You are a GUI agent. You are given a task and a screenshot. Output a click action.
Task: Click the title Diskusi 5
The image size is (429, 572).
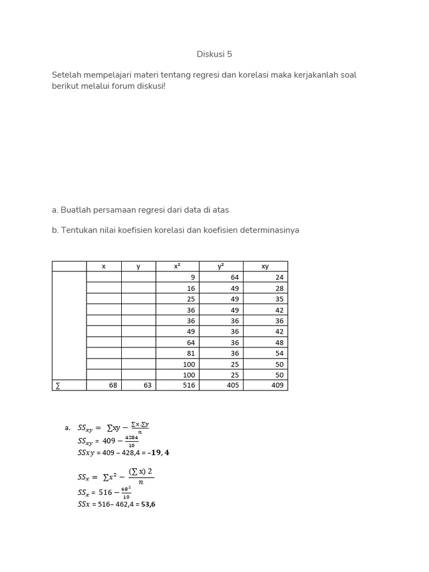tap(214, 54)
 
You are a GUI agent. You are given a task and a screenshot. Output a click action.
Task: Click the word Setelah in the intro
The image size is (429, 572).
tap(66, 75)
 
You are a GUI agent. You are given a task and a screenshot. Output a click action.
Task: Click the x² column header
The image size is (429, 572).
tap(177, 266)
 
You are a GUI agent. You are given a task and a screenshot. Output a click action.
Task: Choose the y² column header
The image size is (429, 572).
tap(221, 266)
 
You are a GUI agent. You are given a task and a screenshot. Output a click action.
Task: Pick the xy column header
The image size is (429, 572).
tap(265, 266)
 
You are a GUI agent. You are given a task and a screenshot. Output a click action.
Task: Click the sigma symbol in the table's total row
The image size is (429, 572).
tap(57, 385)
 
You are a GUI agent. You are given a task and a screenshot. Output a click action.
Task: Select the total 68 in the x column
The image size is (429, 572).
tap(113, 385)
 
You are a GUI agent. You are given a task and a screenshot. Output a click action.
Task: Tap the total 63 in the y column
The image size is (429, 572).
tap(147, 385)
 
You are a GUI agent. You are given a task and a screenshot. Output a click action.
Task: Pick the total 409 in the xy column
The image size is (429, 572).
tap(277, 385)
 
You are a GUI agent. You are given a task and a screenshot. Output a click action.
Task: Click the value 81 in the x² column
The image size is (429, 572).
tap(191, 353)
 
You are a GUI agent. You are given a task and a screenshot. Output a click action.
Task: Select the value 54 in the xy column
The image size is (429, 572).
tap(279, 353)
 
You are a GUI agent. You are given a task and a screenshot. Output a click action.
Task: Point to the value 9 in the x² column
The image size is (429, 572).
tap(193, 277)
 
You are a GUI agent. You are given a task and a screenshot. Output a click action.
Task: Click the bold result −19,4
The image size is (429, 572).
tap(158, 452)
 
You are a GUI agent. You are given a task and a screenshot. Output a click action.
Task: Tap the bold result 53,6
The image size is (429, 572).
tap(148, 504)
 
